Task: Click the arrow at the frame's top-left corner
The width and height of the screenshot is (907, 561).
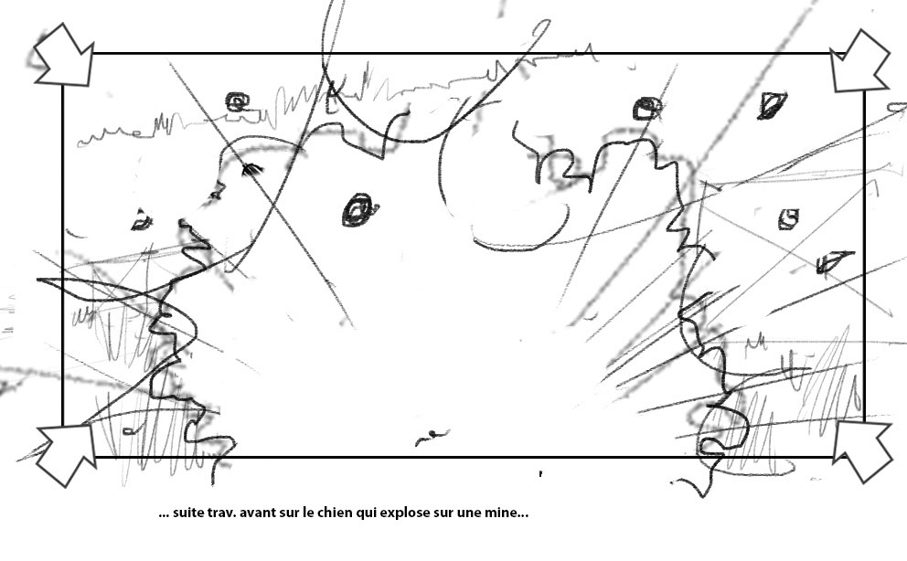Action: (x=65, y=56)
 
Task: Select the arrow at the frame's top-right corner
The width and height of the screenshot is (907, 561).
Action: (x=859, y=61)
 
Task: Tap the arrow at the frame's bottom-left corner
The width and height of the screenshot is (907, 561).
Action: (x=67, y=454)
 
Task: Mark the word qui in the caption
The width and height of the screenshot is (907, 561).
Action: (x=366, y=513)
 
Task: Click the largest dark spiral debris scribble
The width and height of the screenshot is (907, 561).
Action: (x=359, y=210)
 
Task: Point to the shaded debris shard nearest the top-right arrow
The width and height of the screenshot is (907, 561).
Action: (x=772, y=105)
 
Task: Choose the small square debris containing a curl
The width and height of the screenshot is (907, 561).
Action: (x=788, y=219)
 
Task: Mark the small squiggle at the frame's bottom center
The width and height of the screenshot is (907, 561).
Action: (x=432, y=437)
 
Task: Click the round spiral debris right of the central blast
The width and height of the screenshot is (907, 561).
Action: (x=646, y=109)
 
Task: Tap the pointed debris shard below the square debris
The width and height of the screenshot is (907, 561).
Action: (x=832, y=261)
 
